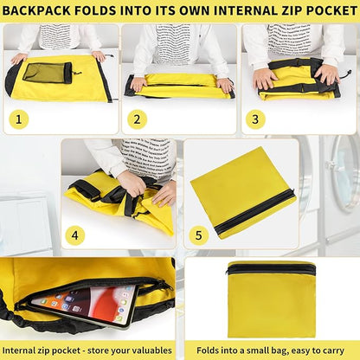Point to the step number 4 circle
76,235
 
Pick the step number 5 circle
197,235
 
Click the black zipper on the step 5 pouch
255,212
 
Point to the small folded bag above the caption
271,299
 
